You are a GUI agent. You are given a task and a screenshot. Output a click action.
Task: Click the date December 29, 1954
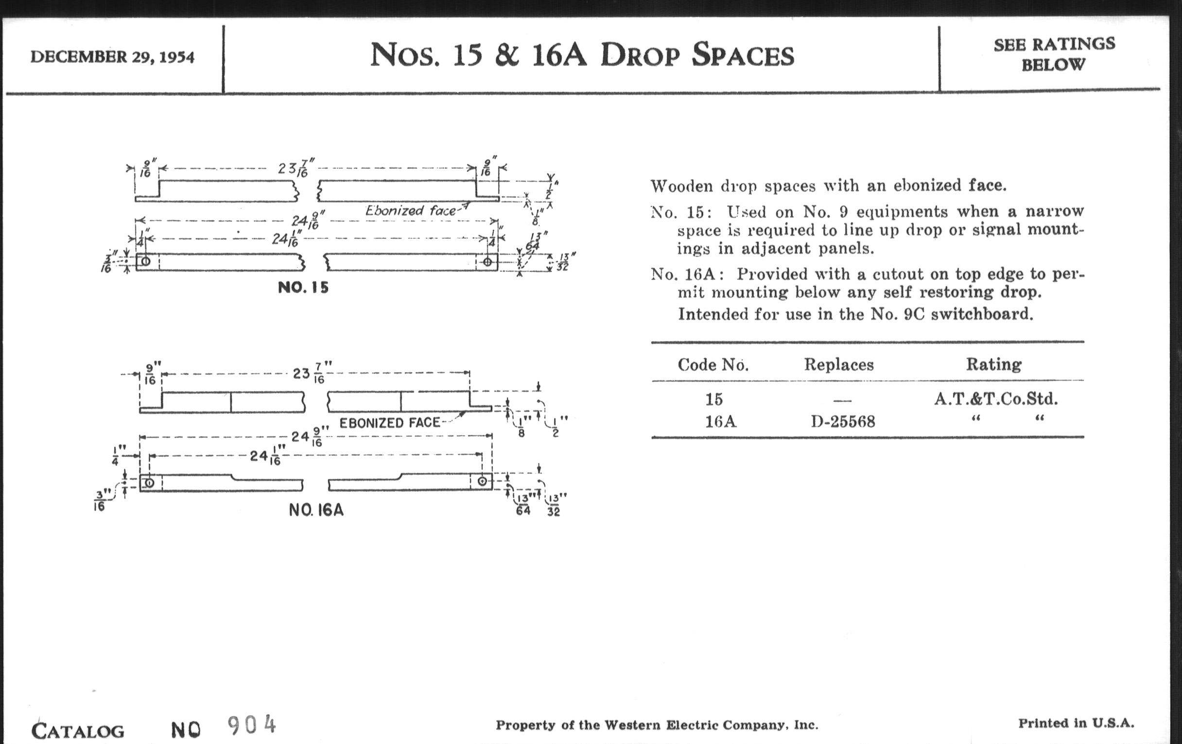click(112, 57)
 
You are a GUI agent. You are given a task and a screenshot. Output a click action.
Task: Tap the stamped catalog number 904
click(252, 725)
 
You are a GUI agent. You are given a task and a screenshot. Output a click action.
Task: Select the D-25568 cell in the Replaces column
click(842, 421)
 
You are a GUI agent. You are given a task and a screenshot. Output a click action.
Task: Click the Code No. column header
click(713, 364)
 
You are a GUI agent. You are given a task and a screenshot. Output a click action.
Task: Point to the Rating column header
click(993, 364)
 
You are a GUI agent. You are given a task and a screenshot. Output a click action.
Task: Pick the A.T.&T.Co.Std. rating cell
click(995, 398)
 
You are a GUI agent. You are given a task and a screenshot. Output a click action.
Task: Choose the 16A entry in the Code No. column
click(720, 421)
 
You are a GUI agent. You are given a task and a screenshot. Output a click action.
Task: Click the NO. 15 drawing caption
click(303, 287)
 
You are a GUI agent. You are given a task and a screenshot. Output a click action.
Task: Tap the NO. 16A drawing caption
click(316, 510)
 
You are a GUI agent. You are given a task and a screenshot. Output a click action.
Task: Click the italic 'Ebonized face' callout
click(410, 211)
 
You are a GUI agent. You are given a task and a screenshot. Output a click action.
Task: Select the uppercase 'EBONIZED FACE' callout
click(390, 423)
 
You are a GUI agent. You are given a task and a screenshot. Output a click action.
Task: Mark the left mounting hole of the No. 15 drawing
click(146, 261)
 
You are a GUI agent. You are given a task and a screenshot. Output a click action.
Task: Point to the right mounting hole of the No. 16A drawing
click(483, 481)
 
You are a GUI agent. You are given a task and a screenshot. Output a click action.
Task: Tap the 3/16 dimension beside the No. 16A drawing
click(99, 500)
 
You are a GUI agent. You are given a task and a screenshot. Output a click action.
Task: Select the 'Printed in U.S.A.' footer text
click(1076, 723)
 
